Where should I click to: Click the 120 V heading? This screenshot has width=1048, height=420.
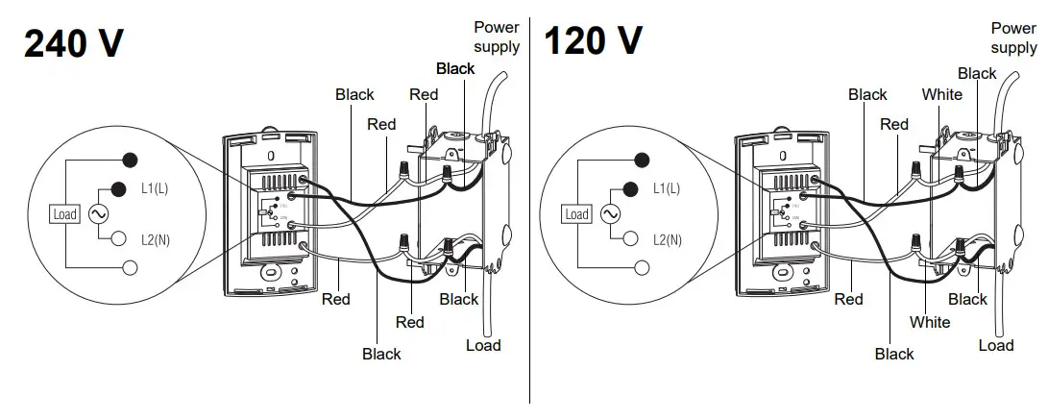tap(593, 41)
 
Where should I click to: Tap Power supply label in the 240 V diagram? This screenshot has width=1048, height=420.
tap(497, 37)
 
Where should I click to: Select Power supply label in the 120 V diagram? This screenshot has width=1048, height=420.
tap(1013, 38)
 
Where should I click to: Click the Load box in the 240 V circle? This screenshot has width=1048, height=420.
tap(63, 214)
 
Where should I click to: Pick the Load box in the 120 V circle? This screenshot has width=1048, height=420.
tap(576, 214)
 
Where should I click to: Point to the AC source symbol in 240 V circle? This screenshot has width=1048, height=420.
tap(97, 213)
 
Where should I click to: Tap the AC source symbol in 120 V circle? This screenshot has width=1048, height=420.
tap(610, 213)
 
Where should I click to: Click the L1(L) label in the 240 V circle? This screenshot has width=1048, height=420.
tap(154, 189)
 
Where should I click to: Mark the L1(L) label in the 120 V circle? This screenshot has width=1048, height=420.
tap(667, 189)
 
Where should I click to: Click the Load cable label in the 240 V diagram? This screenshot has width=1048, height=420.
tap(483, 345)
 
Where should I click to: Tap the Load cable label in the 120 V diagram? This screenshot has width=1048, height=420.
tap(996, 345)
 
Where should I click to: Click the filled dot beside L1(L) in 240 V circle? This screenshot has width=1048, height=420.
tap(120, 188)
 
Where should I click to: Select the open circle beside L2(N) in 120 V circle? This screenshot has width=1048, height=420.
tap(633, 238)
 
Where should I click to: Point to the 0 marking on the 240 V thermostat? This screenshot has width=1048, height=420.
tap(271, 154)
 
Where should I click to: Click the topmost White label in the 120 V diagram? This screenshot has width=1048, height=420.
tap(941, 94)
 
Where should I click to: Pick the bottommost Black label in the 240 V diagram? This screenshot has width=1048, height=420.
tap(381, 355)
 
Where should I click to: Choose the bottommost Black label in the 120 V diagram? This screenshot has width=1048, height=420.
tap(894, 355)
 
